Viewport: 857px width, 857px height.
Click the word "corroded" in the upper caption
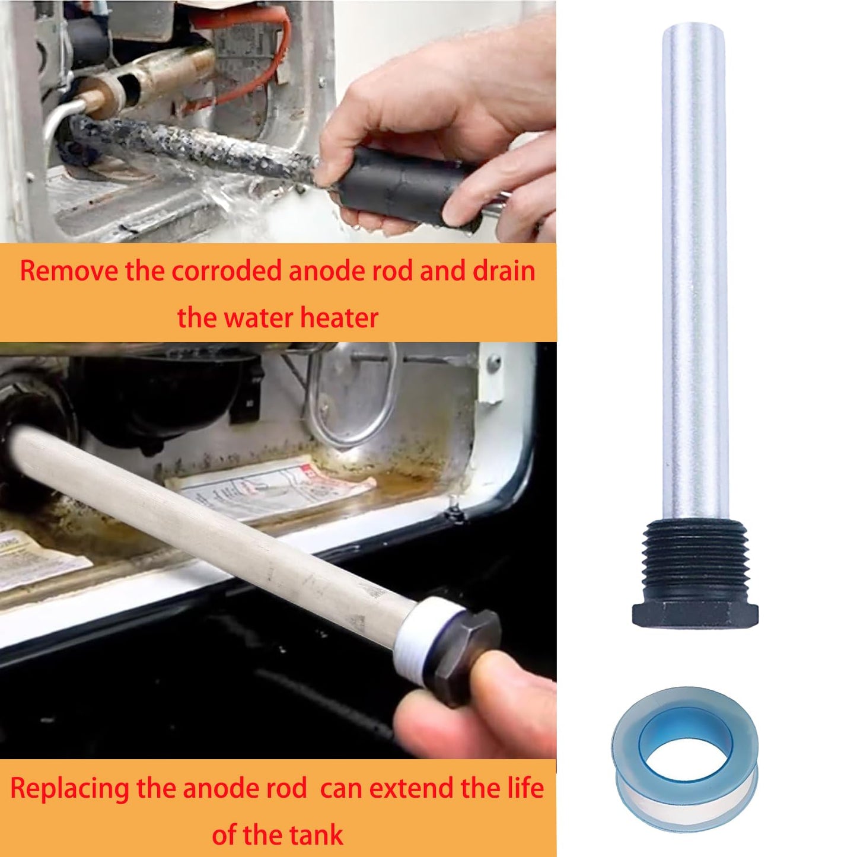tap(227, 271)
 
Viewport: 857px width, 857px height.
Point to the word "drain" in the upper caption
tap(504, 271)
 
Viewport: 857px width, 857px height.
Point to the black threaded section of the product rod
tap(694, 560)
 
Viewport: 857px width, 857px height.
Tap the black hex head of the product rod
tap(695, 614)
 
